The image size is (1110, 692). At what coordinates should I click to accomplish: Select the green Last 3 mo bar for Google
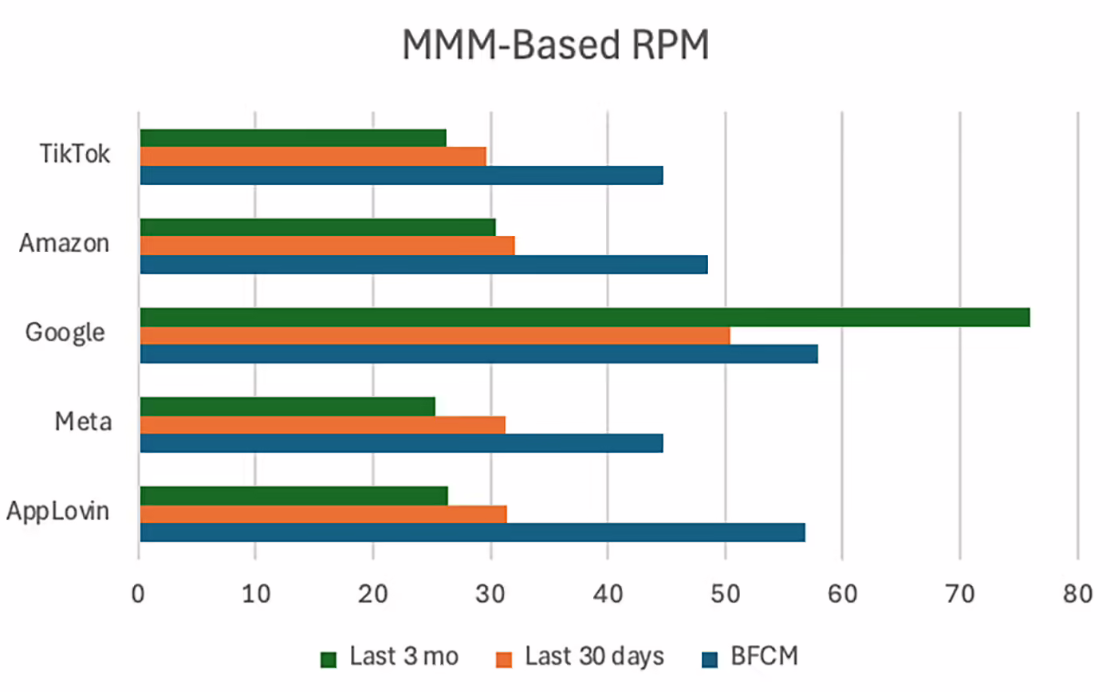click(x=585, y=317)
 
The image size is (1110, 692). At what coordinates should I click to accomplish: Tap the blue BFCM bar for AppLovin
click(x=472, y=533)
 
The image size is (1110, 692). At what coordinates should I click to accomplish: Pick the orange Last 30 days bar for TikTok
click(x=313, y=156)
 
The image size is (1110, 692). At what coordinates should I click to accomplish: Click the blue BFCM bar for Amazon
click(x=423, y=265)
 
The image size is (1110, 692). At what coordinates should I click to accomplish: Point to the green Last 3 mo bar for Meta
click(x=287, y=407)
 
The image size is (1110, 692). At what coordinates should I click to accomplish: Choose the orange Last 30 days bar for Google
click(x=435, y=336)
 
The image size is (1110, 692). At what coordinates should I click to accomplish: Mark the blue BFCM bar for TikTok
click(x=401, y=175)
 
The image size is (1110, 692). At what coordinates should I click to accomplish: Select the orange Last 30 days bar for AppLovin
click(x=323, y=514)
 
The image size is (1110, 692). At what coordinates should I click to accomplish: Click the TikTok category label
click(x=75, y=154)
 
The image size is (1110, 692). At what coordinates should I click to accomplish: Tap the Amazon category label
click(x=65, y=243)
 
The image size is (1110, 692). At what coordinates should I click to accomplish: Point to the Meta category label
click(x=82, y=422)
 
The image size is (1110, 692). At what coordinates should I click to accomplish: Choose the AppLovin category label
click(x=57, y=511)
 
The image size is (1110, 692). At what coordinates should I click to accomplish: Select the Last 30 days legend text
click(x=594, y=657)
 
